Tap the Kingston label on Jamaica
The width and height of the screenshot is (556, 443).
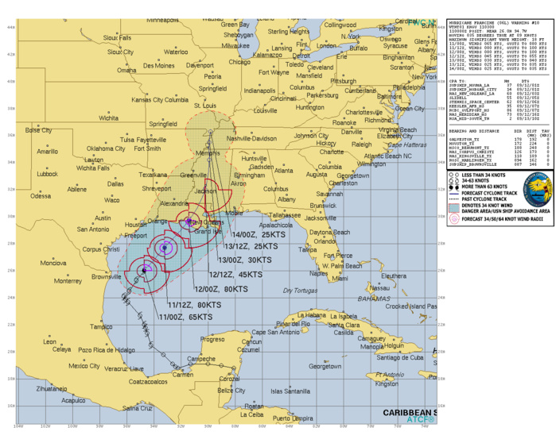click(387, 384)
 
